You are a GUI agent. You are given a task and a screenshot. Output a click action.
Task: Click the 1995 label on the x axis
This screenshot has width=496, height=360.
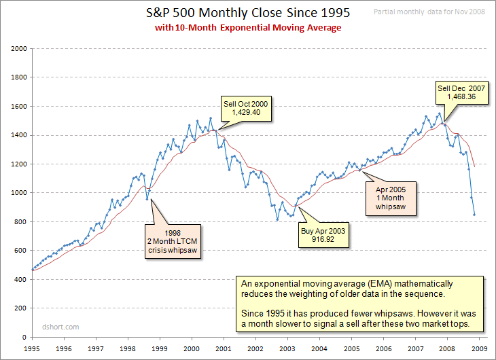31,348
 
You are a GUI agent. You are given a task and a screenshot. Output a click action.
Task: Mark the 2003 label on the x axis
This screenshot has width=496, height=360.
287,348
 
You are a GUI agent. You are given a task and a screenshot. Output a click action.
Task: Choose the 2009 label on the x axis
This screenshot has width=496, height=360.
478,348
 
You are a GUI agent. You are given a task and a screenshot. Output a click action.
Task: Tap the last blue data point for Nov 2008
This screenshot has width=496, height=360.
474,215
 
